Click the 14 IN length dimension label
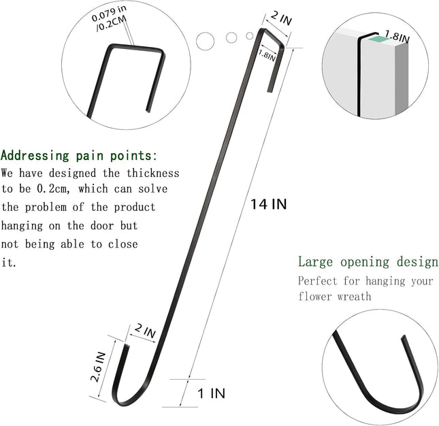pos(268,204)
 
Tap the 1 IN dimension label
pos(212,393)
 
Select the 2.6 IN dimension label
pos(98,367)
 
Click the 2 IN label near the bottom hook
pos(145,331)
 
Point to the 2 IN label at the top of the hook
pos(281,18)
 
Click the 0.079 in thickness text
pos(109,13)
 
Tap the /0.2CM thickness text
pos(112,24)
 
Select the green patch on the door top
pos(378,39)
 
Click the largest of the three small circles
pos(206,41)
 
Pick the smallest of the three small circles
pos(250,36)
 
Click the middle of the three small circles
pos(231,37)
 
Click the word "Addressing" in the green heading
pos(35,155)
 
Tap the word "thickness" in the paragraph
pos(153,174)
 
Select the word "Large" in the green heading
pos(315,262)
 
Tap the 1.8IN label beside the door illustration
pos(397,37)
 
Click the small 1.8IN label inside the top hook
pos(267,55)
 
